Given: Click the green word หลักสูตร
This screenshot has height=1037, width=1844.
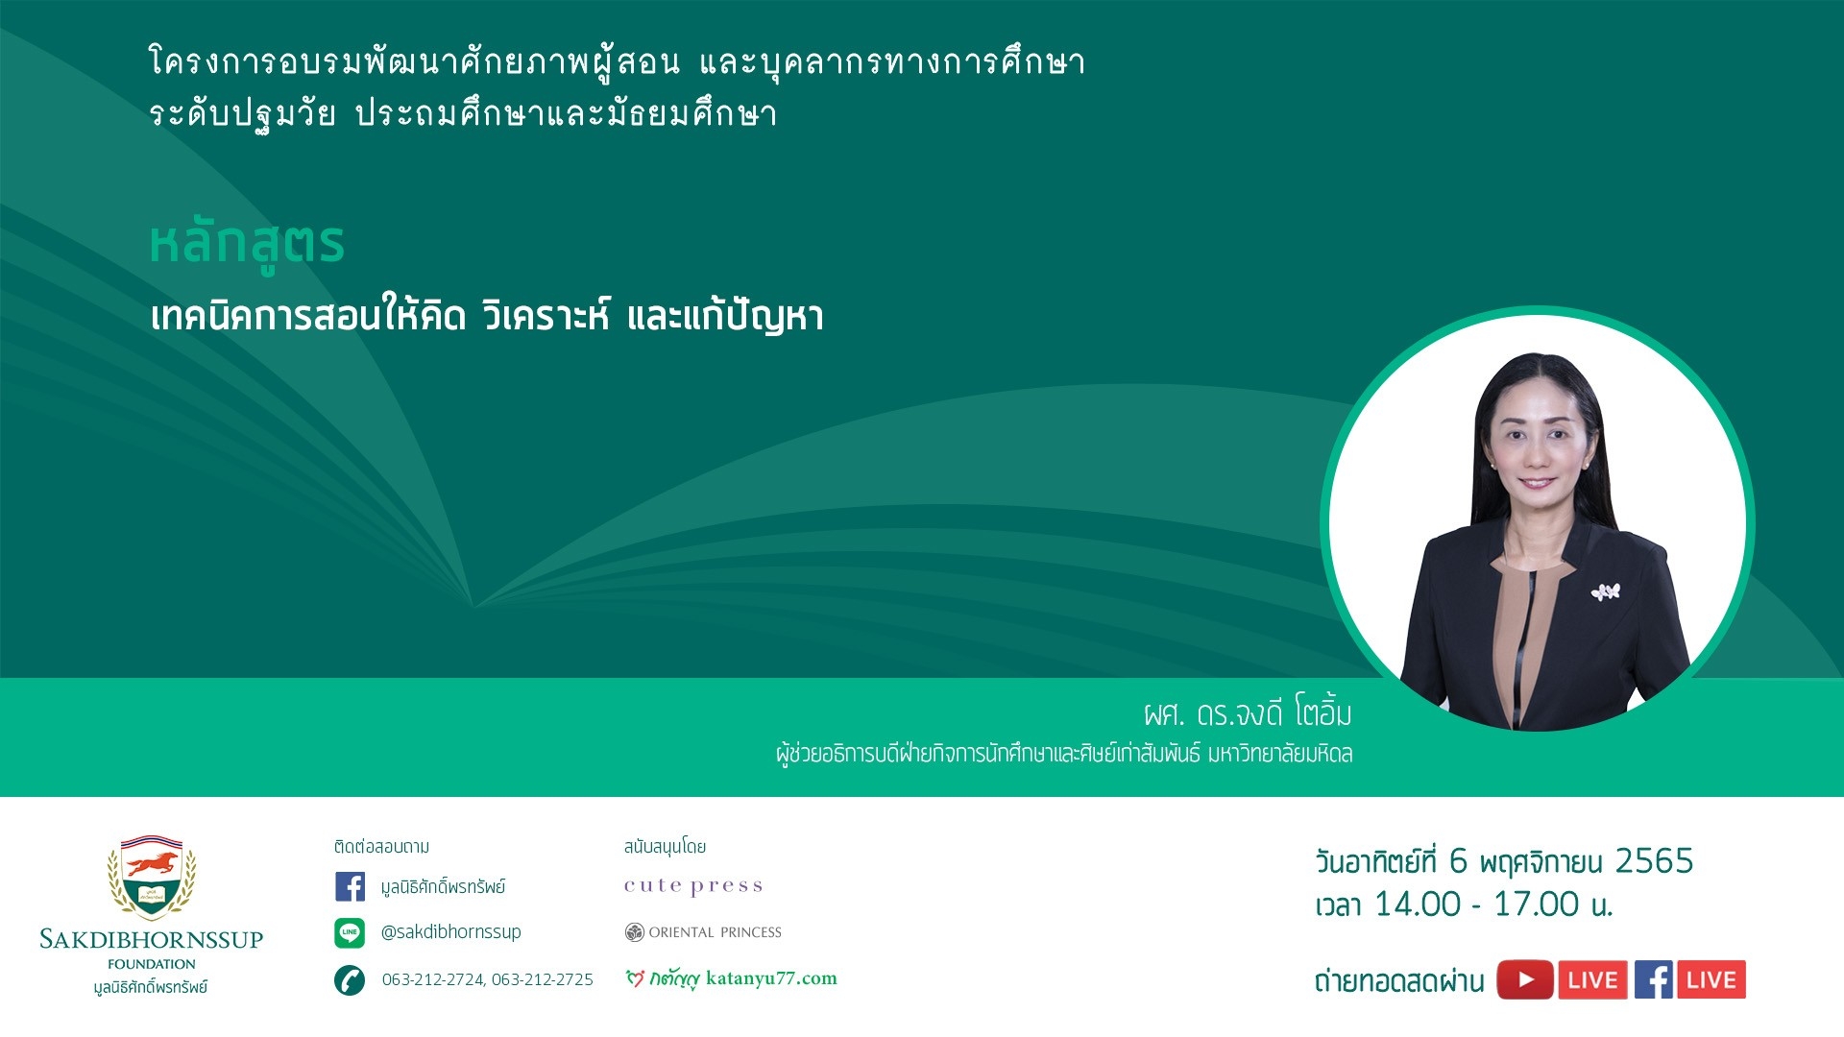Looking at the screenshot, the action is pyautogui.click(x=247, y=245).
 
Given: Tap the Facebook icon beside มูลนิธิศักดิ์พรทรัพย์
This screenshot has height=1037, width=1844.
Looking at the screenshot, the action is pyautogui.click(x=350, y=886).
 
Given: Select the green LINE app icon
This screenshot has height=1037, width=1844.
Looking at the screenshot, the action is pyautogui.click(x=350, y=932).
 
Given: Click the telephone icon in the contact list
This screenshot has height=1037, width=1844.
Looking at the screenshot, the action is pyautogui.click(x=350, y=980).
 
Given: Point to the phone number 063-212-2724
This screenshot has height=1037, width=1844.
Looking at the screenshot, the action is pyautogui.click(x=433, y=979).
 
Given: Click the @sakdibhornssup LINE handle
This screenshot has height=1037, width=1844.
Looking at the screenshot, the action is pyautogui.click(x=451, y=931).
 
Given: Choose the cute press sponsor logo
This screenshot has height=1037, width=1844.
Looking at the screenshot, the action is pyautogui.click(x=693, y=886).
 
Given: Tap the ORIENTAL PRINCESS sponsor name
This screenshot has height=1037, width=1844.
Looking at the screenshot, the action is pyautogui.click(x=716, y=932).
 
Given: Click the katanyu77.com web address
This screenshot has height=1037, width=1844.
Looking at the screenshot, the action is pyautogui.click(x=771, y=978).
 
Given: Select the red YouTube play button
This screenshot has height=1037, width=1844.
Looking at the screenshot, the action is pyautogui.click(x=1525, y=980).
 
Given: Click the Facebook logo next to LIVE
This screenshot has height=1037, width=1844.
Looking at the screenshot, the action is pyautogui.click(x=1654, y=980).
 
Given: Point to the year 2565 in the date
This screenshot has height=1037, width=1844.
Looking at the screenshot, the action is pyautogui.click(x=1654, y=861).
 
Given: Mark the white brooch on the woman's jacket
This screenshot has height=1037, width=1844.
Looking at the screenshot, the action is pyautogui.click(x=1606, y=591).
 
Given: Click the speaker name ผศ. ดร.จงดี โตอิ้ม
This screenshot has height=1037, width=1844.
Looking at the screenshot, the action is pyautogui.click(x=1248, y=713).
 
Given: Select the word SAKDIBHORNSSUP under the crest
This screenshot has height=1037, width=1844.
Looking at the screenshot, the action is pyautogui.click(x=152, y=939).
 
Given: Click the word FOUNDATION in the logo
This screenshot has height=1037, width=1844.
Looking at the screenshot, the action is pyautogui.click(x=152, y=964).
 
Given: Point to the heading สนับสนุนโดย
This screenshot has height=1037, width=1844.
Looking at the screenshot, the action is pyautogui.click(x=665, y=847).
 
